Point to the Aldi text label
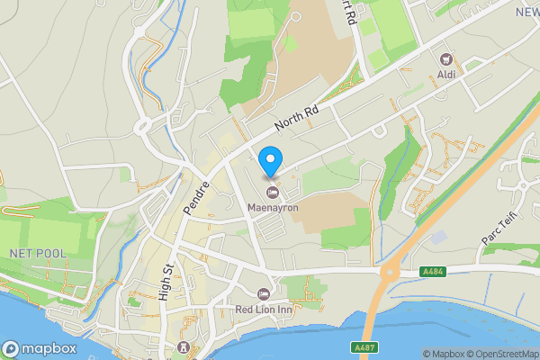[x=445, y=74]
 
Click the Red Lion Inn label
[x=264, y=310]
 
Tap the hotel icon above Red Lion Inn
[x=264, y=294]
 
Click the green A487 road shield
[x=364, y=346]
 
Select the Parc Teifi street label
[x=497, y=232]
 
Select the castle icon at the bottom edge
[x=184, y=349]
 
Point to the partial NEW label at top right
[x=526, y=12]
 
